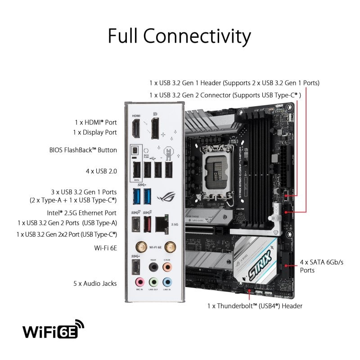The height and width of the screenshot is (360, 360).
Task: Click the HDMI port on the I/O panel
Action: coord(135,129)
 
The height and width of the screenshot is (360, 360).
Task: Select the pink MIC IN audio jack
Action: coord(140,282)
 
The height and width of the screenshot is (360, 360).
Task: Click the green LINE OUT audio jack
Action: coord(153,282)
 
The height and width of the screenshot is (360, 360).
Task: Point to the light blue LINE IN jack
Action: coord(167,282)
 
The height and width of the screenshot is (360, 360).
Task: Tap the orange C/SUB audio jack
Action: coord(167,266)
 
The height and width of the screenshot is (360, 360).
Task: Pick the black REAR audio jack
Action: coord(153,266)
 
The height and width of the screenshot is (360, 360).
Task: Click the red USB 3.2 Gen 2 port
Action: coord(147,223)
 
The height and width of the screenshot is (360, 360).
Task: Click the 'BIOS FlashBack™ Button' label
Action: coord(83,150)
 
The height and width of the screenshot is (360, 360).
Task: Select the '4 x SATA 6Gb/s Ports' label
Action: coord(321,266)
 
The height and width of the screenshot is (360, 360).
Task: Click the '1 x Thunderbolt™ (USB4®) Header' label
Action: coord(255,306)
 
